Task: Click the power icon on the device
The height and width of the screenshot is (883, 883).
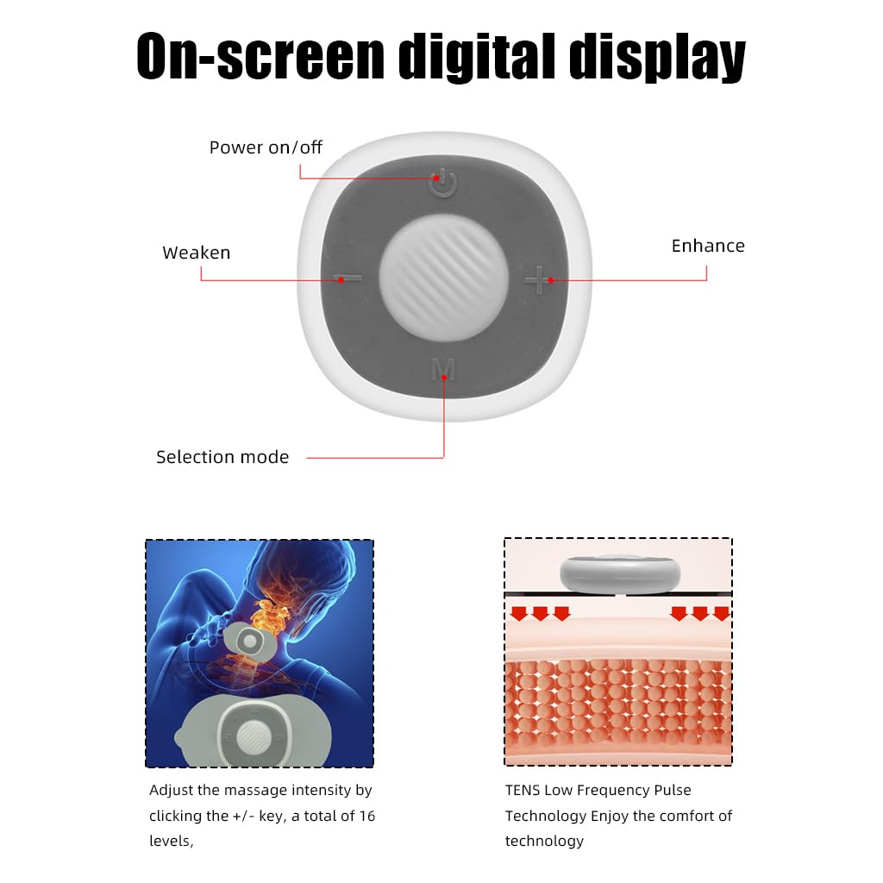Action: [442, 183]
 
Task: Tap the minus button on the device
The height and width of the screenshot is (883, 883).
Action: [348, 279]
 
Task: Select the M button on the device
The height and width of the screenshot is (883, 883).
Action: [442, 369]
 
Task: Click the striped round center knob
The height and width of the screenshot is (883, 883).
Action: [444, 279]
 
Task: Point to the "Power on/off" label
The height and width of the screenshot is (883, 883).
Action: [266, 147]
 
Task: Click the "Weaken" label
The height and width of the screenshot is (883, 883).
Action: [197, 253]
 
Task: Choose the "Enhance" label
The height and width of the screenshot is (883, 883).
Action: [708, 246]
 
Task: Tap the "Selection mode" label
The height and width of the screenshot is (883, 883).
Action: [222, 457]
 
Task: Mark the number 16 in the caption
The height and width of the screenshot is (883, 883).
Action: [367, 816]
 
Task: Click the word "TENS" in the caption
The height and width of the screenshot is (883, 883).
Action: [523, 790]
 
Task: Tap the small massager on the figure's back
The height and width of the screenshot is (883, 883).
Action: [249, 642]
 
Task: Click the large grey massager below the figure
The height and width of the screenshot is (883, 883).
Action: [254, 731]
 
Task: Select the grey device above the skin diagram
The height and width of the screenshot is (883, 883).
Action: [620, 573]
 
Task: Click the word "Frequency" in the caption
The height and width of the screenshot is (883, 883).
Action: [609, 791]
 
